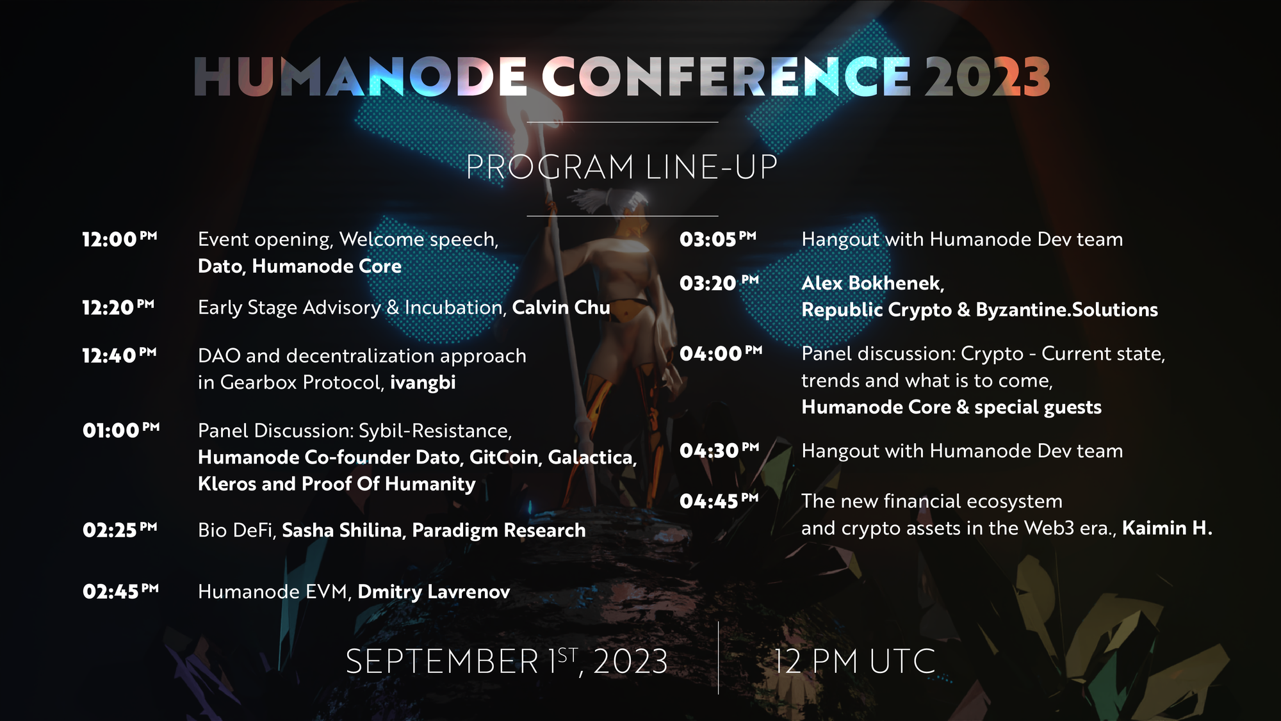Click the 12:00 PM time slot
click(x=119, y=239)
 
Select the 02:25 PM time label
click(x=120, y=530)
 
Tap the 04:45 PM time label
click(x=719, y=500)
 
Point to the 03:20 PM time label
click(x=719, y=282)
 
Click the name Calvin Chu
click(x=561, y=307)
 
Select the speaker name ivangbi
click(x=423, y=382)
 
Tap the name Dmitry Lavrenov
click(x=434, y=591)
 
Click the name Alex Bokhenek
click(x=872, y=283)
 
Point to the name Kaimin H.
click(x=1167, y=528)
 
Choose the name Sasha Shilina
click(x=342, y=530)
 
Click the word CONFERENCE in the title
click(x=726, y=77)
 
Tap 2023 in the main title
click(x=987, y=77)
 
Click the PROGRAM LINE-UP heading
click(x=621, y=167)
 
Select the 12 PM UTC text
click(x=854, y=661)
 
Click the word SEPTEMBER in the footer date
click(x=442, y=661)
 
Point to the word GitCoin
click(x=505, y=457)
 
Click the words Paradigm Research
click(x=499, y=530)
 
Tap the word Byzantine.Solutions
click(x=1067, y=310)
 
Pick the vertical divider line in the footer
click(x=718, y=658)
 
